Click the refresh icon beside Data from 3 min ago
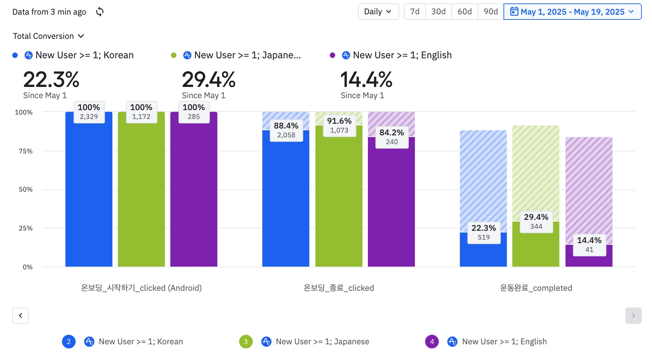click(x=99, y=12)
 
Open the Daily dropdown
click(x=378, y=12)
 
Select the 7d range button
click(x=415, y=12)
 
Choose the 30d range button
click(x=438, y=12)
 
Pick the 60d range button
click(x=465, y=12)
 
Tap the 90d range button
click(x=491, y=12)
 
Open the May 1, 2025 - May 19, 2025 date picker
click(x=572, y=12)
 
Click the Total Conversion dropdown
click(x=48, y=36)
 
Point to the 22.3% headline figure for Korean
click(x=51, y=80)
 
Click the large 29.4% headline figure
click(x=208, y=80)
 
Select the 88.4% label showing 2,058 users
click(x=286, y=130)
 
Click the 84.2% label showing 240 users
click(x=392, y=137)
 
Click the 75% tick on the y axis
click(x=26, y=151)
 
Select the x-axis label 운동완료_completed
click(x=536, y=288)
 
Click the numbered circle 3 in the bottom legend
click(x=246, y=342)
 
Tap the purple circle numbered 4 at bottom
click(x=432, y=342)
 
